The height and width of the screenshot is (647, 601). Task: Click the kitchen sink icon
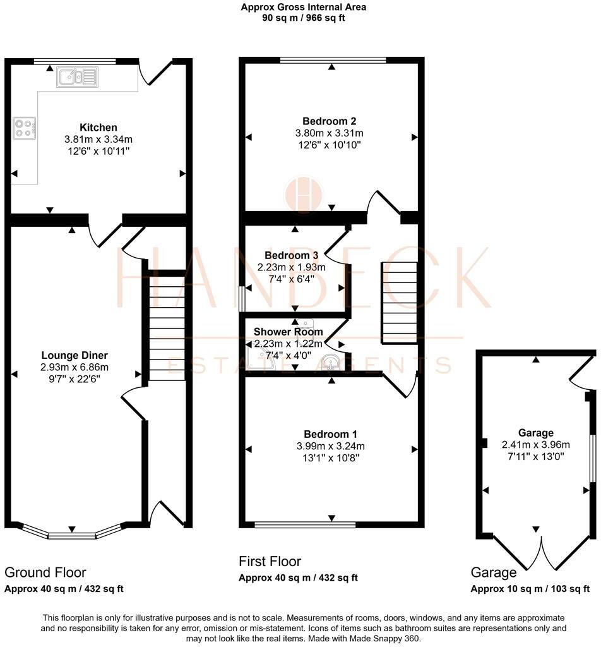pyautogui.click(x=78, y=77)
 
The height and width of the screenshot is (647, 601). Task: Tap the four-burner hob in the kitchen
pyautogui.click(x=25, y=128)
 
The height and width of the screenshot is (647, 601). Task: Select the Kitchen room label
pyautogui.click(x=98, y=128)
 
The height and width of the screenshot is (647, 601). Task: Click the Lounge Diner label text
pyautogui.click(x=74, y=355)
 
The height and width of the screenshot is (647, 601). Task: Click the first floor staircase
pyautogui.click(x=398, y=303)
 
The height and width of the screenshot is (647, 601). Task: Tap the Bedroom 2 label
pyautogui.click(x=329, y=121)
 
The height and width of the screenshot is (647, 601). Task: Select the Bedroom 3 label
pyautogui.click(x=291, y=255)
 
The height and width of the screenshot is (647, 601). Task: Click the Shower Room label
pyautogui.click(x=288, y=332)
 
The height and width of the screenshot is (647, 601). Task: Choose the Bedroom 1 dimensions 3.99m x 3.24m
pyautogui.click(x=330, y=446)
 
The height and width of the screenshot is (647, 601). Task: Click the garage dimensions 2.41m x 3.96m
pyautogui.click(x=535, y=444)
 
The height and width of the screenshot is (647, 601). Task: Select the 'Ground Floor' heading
pyautogui.click(x=45, y=572)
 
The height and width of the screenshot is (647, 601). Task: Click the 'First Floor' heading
pyautogui.click(x=270, y=561)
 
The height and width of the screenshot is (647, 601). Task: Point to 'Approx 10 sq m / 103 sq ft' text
pyautogui.click(x=530, y=589)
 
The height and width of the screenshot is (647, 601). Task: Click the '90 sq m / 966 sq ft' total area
pyautogui.click(x=304, y=18)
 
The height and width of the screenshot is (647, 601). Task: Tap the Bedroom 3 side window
pyautogui.click(x=242, y=299)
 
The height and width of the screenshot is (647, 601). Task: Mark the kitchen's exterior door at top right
pyautogui.click(x=157, y=71)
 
